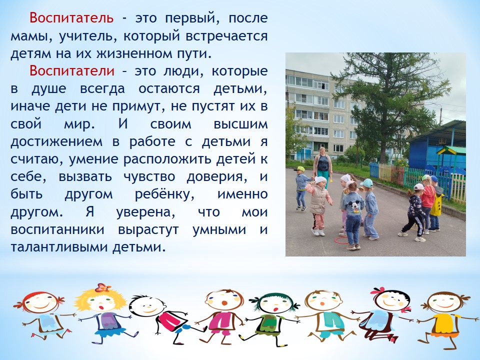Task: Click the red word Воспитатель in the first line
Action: (x=71, y=18)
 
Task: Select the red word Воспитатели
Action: (x=72, y=71)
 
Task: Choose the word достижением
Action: (x=56, y=141)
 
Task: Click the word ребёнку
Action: (x=164, y=194)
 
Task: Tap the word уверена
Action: (x=145, y=212)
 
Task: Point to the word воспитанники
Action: (x=57, y=230)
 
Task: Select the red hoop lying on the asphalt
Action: (x=341, y=240)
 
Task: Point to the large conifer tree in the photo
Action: (x=390, y=104)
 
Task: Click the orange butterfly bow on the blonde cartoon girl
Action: (x=103, y=288)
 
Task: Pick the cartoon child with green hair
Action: (x=272, y=318)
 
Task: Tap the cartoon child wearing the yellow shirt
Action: (x=444, y=318)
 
